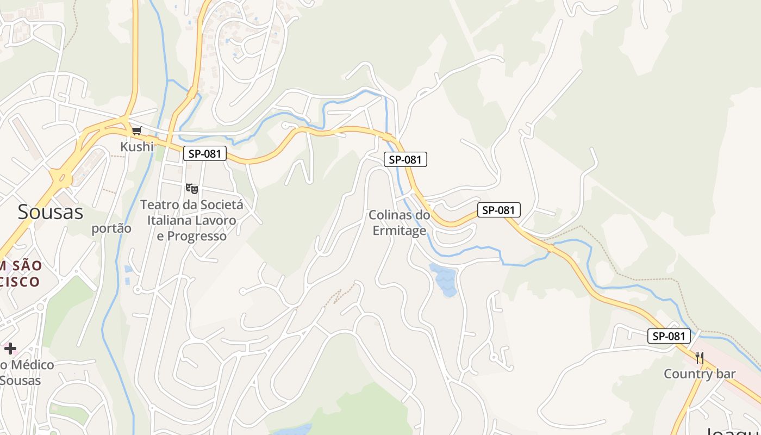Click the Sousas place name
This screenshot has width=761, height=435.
[x=51, y=212]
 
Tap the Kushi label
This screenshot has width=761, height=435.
[x=137, y=146]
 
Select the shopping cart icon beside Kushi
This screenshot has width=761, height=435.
[x=137, y=131]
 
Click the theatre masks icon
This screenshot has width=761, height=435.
[x=191, y=189]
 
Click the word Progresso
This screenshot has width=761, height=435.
[x=199, y=237]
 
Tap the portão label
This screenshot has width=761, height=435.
[x=111, y=228]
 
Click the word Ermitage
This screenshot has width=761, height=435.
[x=400, y=231]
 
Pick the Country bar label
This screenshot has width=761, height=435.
[x=700, y=374]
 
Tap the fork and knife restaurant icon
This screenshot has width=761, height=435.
[x=700, y=358]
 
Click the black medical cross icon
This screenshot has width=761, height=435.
[x=10, y=349]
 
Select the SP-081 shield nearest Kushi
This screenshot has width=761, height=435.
[x=204, y=154]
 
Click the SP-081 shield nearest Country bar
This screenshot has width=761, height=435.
[x=669, y=336]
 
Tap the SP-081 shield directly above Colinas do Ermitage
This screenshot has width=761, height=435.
[x=406, y=159]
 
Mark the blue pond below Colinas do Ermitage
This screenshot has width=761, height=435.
[x=445, y=279]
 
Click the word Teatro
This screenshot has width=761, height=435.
[x=159, y=205]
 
